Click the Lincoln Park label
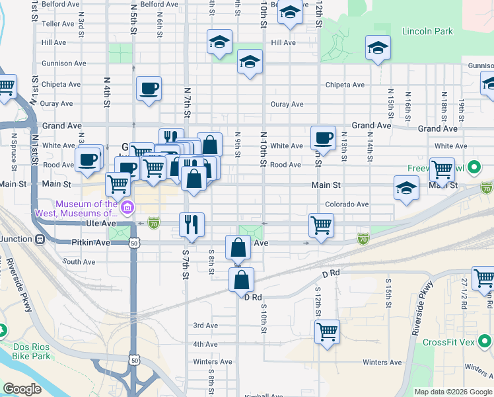(x=427, y=31)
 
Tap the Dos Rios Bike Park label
(x=31, y=351)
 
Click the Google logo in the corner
(x=22, y=389)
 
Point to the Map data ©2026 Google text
(x=452, y=392)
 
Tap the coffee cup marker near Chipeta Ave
(x=149, y=89)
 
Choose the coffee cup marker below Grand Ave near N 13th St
(x=323, y=138)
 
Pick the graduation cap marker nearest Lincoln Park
(x=377, y=48)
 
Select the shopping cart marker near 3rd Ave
(x=327, y=331)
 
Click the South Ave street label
(x=79, y=262)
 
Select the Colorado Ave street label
(x=346, y=204)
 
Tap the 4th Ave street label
(x=205, y=344)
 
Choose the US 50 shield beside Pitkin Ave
(x=135, y=243)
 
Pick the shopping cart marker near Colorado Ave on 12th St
(x=321, y=226)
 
